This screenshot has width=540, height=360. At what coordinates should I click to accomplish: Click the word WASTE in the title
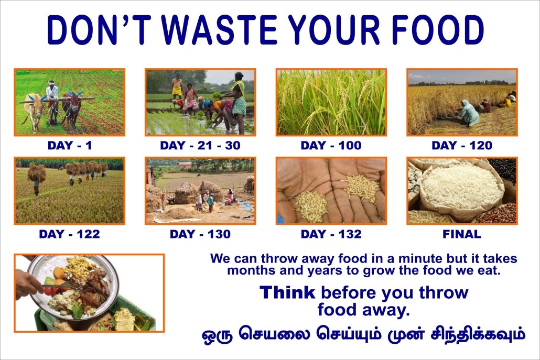tap(219, 30)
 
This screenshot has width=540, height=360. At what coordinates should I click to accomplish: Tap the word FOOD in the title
tap(438, 30)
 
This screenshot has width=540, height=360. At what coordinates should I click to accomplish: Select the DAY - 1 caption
tap(70, 146)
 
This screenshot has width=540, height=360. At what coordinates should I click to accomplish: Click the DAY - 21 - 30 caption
tap(200, 146)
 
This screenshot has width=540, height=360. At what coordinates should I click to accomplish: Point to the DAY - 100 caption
tap(331, 146)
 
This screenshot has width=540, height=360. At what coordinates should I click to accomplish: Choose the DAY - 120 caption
tap(462, 146)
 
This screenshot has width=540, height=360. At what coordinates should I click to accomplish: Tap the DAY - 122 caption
tap(70, 234)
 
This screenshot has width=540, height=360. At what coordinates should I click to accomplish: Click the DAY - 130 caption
tap(200, 234)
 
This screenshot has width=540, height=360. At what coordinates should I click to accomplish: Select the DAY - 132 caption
tap(331, 234)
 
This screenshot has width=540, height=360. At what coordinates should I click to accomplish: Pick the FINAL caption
tap(462, 234)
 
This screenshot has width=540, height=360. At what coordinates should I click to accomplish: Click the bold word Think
tap(287, 292)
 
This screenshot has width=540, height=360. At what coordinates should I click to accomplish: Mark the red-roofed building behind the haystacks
tap(185, 165)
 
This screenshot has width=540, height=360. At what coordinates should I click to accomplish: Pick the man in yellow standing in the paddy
tap(177, 86)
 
